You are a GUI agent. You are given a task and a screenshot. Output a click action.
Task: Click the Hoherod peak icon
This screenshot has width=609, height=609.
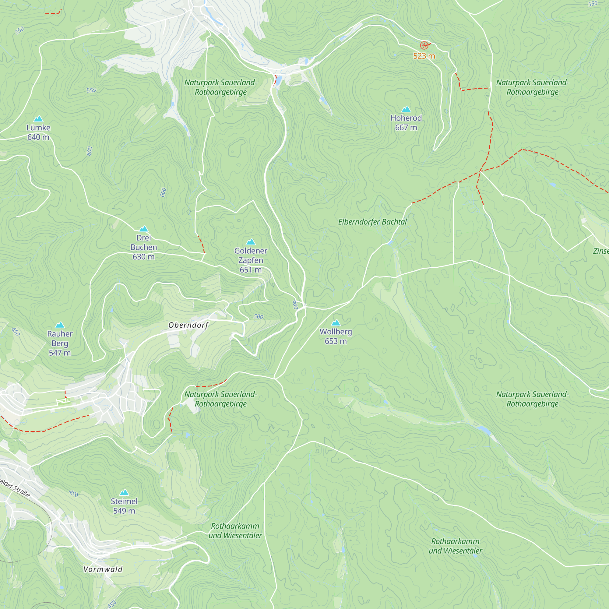point(406,109)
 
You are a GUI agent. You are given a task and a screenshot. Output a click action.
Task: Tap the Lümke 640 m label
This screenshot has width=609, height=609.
point(38,132)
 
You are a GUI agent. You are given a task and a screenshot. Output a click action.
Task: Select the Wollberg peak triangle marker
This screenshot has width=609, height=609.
point(336,323)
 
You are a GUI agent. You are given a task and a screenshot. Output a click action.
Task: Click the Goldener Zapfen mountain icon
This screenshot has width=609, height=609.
point(251,242)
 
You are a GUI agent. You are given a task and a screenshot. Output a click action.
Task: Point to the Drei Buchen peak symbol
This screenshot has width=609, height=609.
point(143,229)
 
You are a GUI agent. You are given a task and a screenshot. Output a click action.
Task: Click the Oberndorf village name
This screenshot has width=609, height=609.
point(188,325)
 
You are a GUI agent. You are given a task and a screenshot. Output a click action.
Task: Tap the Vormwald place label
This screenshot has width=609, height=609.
point(103,569)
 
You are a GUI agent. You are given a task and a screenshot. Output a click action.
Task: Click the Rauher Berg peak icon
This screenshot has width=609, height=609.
point(60,325)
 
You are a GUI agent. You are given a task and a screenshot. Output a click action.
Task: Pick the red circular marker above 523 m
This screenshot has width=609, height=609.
point(424,45)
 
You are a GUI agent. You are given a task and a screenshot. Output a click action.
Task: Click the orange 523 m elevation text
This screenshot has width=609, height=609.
point(424,56)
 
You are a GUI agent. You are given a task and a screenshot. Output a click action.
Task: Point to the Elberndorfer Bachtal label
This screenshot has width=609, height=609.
point(372,222)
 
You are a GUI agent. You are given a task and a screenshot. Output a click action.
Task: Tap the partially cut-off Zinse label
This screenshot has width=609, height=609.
point(601,251)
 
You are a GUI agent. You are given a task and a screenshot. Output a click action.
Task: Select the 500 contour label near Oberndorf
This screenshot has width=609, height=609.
point(259,316)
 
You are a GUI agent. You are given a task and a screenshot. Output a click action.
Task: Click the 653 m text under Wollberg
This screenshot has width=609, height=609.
point(336,341)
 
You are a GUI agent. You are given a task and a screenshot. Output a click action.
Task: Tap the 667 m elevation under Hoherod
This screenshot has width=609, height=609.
point(406,128)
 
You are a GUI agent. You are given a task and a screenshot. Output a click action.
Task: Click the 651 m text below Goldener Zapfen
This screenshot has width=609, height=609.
point(251,270)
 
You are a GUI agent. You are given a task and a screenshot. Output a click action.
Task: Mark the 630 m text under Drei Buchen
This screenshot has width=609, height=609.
point(143,257)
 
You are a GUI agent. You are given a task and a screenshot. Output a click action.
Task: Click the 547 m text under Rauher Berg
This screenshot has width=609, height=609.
point(60,353)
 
